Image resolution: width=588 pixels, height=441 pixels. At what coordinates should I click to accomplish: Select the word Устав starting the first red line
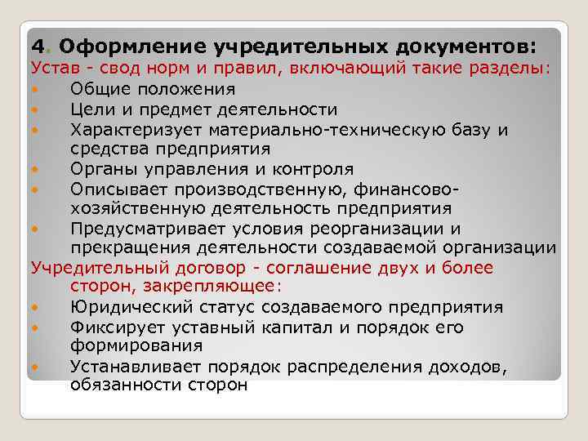52,68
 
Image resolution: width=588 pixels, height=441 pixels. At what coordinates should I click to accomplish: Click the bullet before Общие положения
36,89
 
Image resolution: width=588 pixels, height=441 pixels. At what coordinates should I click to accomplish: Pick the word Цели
91,109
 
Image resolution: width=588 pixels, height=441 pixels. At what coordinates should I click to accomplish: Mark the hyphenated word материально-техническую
342,130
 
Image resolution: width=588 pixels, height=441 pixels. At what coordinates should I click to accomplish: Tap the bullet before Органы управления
36,169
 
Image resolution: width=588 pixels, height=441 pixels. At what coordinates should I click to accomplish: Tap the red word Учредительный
92,268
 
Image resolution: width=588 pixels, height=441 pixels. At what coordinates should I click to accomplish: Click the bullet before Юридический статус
36,308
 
